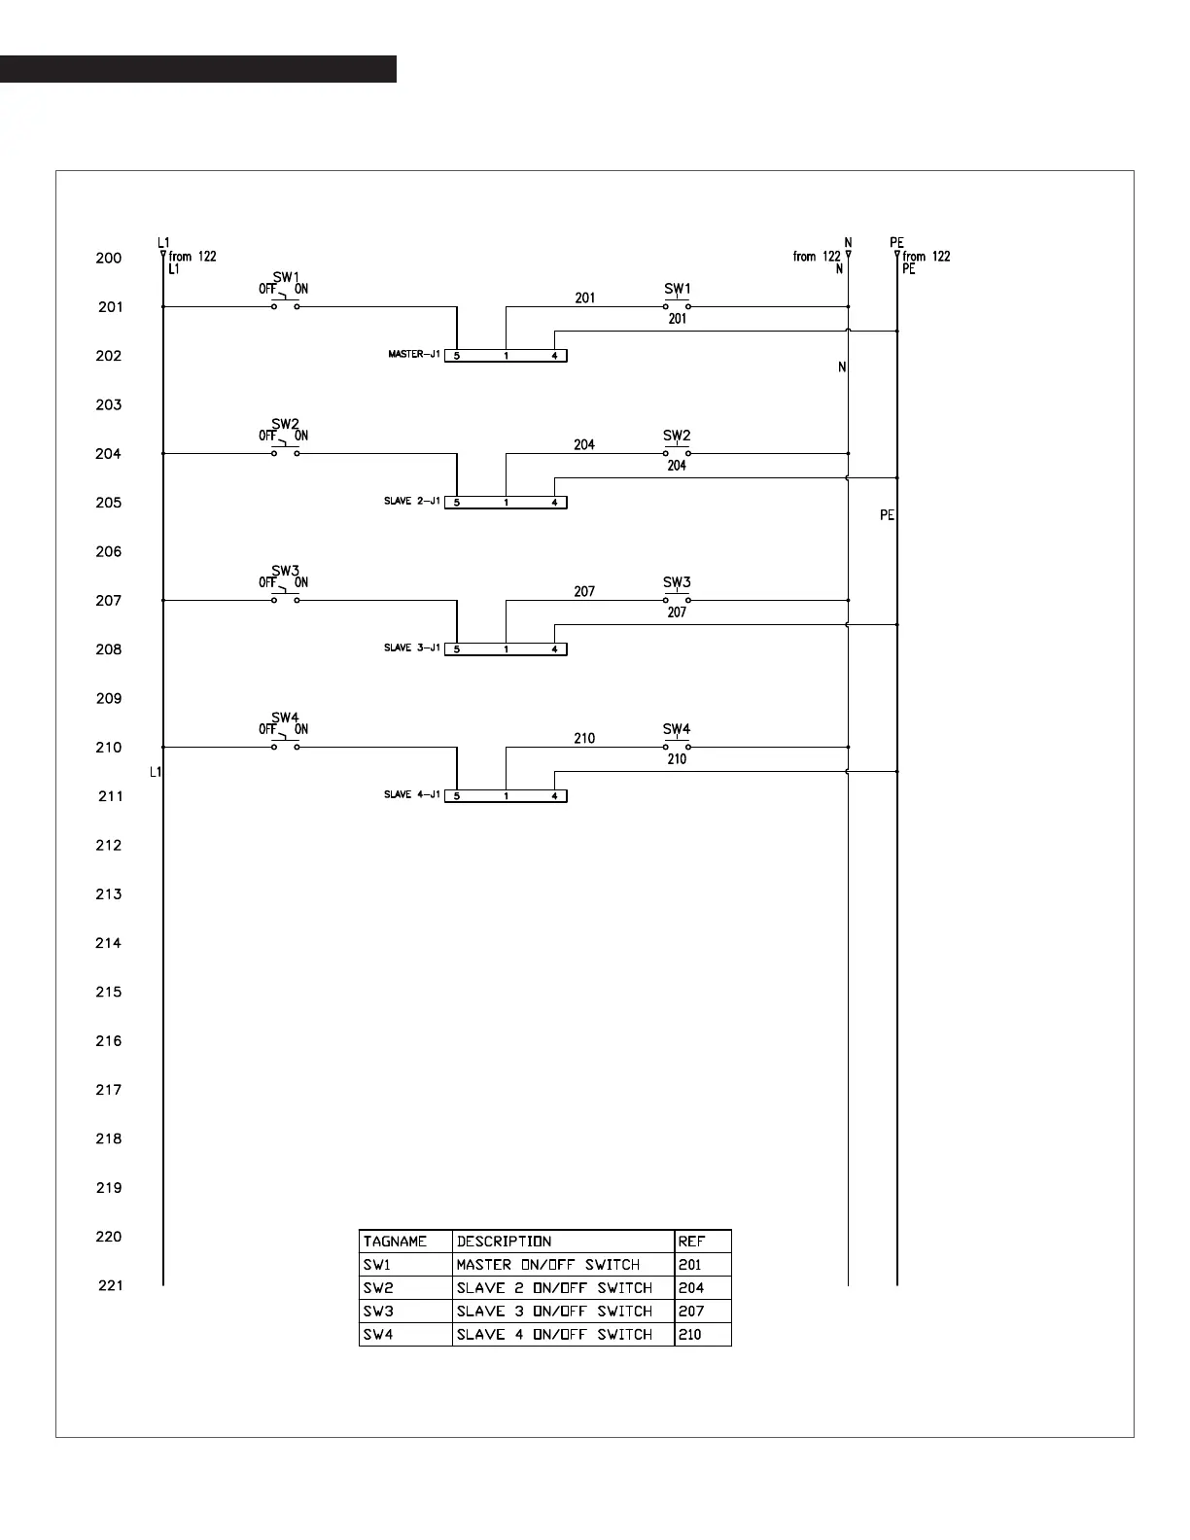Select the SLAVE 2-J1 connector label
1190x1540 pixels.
(x=412, y=501)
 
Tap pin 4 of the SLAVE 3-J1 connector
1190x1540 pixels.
(x=554, y=649)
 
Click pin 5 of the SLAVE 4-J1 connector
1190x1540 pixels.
(x=457, y=796)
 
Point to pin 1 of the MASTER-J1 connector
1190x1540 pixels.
(x=506, y=356)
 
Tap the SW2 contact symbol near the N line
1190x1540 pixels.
(x=677, y=453)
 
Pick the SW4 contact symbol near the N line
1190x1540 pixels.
(x=677, y=747)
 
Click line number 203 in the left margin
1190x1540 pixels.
(x=109, y=404)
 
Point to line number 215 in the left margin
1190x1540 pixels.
(x=109, y=992)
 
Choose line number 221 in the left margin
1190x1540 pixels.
(x=111, y=1285)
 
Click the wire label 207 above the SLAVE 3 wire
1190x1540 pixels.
(x=584, y=591)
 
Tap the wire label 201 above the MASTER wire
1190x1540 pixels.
(x=584, y=297)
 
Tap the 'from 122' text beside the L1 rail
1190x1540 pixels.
(x=192, y=257)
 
